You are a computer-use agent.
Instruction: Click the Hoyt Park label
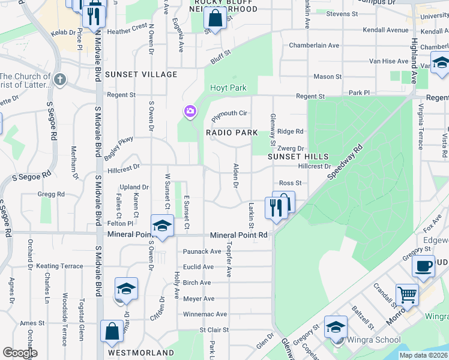(x=228, y=88)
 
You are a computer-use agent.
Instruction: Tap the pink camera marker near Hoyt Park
(x=190, y=111)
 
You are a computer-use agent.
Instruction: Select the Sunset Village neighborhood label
(x=141, y=74)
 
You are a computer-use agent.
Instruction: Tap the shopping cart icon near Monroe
(x=407, y=294)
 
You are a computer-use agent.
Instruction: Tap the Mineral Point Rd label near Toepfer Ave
(x=238, y=236)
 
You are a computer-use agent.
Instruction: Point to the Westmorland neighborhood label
(x=142, y=353)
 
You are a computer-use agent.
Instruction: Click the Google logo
(x=20, y=353)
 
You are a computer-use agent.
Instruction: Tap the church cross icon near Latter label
(x=59, y=79)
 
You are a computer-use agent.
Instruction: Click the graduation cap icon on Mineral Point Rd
(x=162, y=225)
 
